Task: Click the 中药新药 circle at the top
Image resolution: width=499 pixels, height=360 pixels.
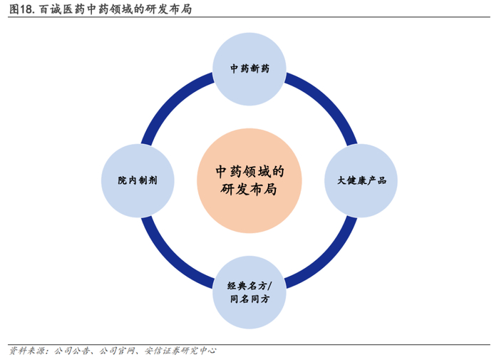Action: point(249,70)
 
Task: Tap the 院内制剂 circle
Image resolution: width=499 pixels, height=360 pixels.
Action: point(138,180)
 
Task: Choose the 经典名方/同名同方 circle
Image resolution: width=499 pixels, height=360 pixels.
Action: point(249,292)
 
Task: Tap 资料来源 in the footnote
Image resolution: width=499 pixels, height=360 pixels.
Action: point(26,351)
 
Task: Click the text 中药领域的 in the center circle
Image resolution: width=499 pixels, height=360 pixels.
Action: point(249,171)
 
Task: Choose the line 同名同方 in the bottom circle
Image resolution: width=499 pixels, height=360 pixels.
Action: point(249,299)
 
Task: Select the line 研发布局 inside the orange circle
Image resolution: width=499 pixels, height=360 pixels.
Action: point(249,190)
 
